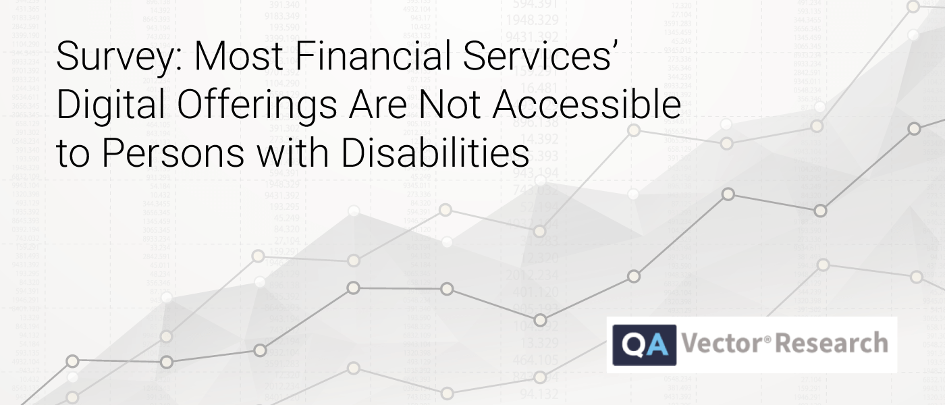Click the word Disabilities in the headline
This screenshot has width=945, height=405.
tap(435, 153)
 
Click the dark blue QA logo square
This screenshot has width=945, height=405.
tap(644, 344)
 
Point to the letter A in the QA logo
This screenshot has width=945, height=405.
tap(656, 344)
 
